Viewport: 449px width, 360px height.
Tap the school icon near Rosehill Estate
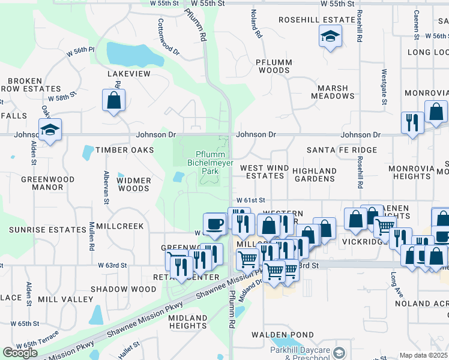[330, 37]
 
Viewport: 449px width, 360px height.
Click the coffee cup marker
[214, 224]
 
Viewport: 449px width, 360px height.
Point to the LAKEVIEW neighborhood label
[128, 74]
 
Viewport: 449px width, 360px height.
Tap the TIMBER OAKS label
[125, 150]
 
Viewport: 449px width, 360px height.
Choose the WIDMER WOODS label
[133, 184]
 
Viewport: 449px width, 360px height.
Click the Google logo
[20, 353]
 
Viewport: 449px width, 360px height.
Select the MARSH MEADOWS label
[333, 92]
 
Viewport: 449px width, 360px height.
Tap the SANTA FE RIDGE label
[342, 150]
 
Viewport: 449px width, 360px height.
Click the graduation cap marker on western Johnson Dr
[50, 130]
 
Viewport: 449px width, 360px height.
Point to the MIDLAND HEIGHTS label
[187, 322]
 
